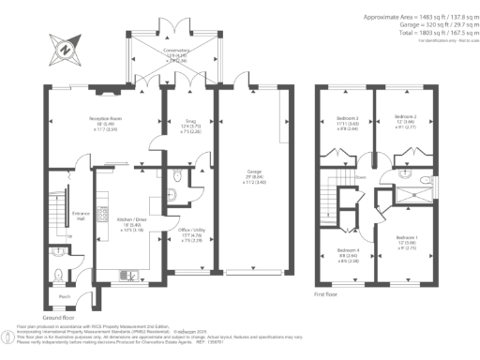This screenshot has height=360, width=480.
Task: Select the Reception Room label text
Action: (x=105, y=120)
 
